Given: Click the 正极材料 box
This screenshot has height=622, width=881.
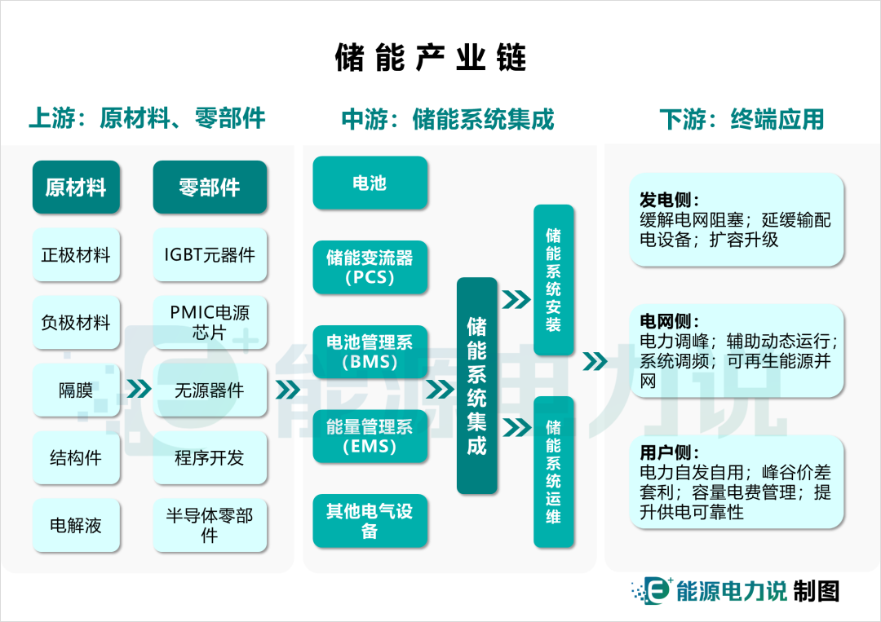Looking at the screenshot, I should [x=76, y=255].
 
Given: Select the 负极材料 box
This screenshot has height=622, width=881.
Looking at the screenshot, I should [x=76, y=323].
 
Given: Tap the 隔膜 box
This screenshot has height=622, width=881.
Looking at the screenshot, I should [x=76, y=390].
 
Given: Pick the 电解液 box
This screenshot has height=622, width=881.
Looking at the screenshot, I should [x=76, y=526].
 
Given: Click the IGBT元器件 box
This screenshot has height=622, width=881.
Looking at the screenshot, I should [x=210, y=255].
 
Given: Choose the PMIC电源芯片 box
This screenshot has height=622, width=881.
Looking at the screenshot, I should [x=210, y=323].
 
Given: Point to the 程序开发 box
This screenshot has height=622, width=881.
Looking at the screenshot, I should [x=210, y=458].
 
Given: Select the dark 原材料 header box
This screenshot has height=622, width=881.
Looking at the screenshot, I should [x=76, y=187].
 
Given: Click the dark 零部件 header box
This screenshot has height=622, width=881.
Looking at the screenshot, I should [x=210, y=187].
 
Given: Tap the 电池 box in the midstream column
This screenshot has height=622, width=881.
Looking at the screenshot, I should [x=370, y=183].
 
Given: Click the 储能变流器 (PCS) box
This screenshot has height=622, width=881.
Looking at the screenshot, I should [x=370, y=267].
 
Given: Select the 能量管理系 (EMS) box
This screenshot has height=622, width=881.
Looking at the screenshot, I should [x=370, y=436].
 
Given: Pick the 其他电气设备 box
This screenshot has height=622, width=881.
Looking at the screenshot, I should [x=370, y=521].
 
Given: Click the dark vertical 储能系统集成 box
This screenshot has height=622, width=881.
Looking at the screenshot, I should [x=476, y=386].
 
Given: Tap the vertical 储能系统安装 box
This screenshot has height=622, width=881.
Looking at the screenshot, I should [x=553, y=280].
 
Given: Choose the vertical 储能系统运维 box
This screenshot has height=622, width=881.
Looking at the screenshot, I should [x=553, y=472].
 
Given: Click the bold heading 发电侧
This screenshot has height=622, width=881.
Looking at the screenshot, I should [x=669, y=201].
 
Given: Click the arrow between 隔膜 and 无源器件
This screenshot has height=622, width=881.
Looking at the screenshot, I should [x=139, y=390].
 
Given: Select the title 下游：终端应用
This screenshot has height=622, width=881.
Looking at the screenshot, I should [x=742, y=120].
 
